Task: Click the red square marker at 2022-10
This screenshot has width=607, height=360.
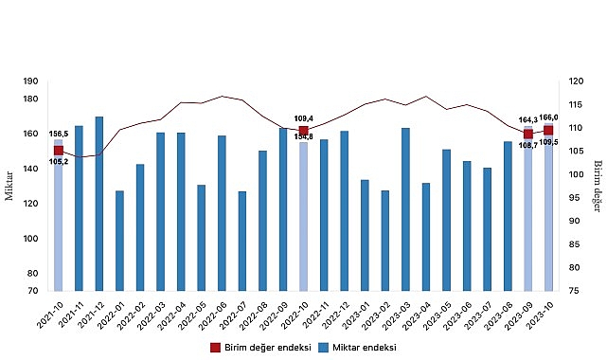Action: click(303, 131)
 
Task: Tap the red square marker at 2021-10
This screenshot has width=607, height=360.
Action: click(59, 150)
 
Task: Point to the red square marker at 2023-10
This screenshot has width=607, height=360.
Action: click(548, 130)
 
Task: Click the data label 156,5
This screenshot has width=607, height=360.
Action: click(59, 134)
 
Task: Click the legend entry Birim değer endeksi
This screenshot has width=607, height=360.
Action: click(252, 348)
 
